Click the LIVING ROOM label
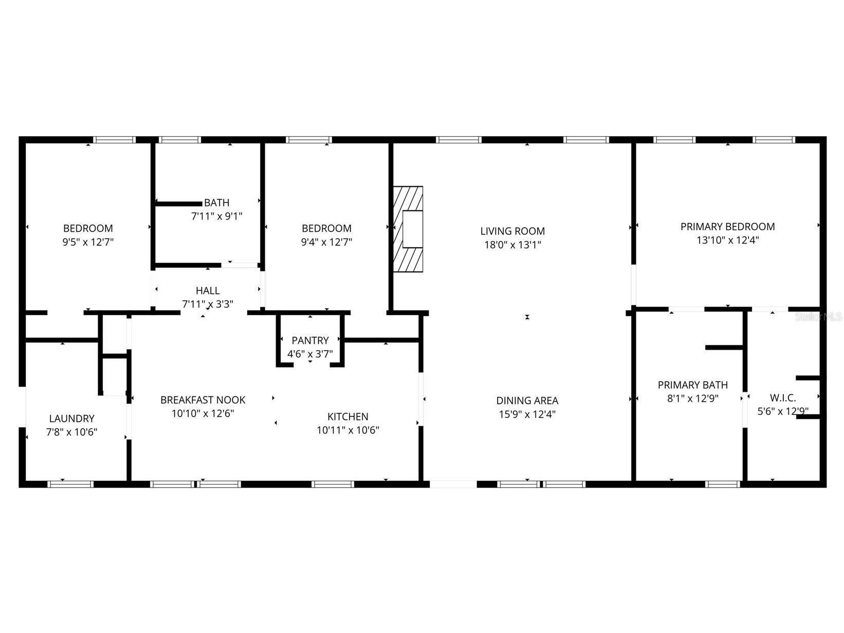click(512, 231)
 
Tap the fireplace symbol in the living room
click(408, 229)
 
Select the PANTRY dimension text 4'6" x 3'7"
click(310, 354)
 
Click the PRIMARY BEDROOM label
click(727, 227)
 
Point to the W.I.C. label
click(783, 397)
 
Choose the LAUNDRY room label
click(72, 419)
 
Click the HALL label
click(208, 291)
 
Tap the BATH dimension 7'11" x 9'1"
click(216, 216)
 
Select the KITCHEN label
click(348, 417)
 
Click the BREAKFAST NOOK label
click(203, 400)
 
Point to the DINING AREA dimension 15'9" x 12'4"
click(527, 414)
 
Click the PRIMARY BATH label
click(692, 385)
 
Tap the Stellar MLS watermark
click(819, 317)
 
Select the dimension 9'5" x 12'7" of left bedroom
click(88, 242)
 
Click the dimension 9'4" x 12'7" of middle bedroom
click(326, 242)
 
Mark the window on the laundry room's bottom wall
click(70, 484)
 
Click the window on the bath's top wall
click(179, 139)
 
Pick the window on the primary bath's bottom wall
click(723, 484)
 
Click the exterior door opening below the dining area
click(453, 484)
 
